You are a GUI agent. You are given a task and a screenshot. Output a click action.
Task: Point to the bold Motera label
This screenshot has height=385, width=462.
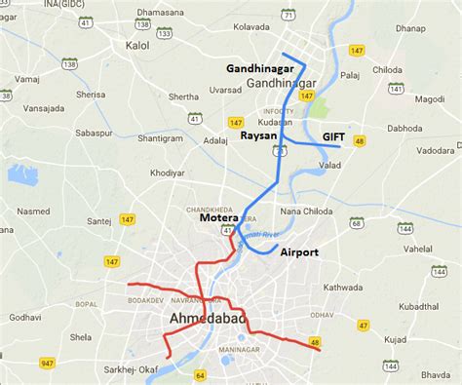click(218, 218)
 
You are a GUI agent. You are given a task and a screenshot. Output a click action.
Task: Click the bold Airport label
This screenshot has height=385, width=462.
click(299, 251)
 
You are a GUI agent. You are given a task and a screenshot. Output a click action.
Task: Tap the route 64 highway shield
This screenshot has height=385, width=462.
click(201, 375)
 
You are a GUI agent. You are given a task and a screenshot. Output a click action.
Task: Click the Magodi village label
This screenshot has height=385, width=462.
click(429, 98)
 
